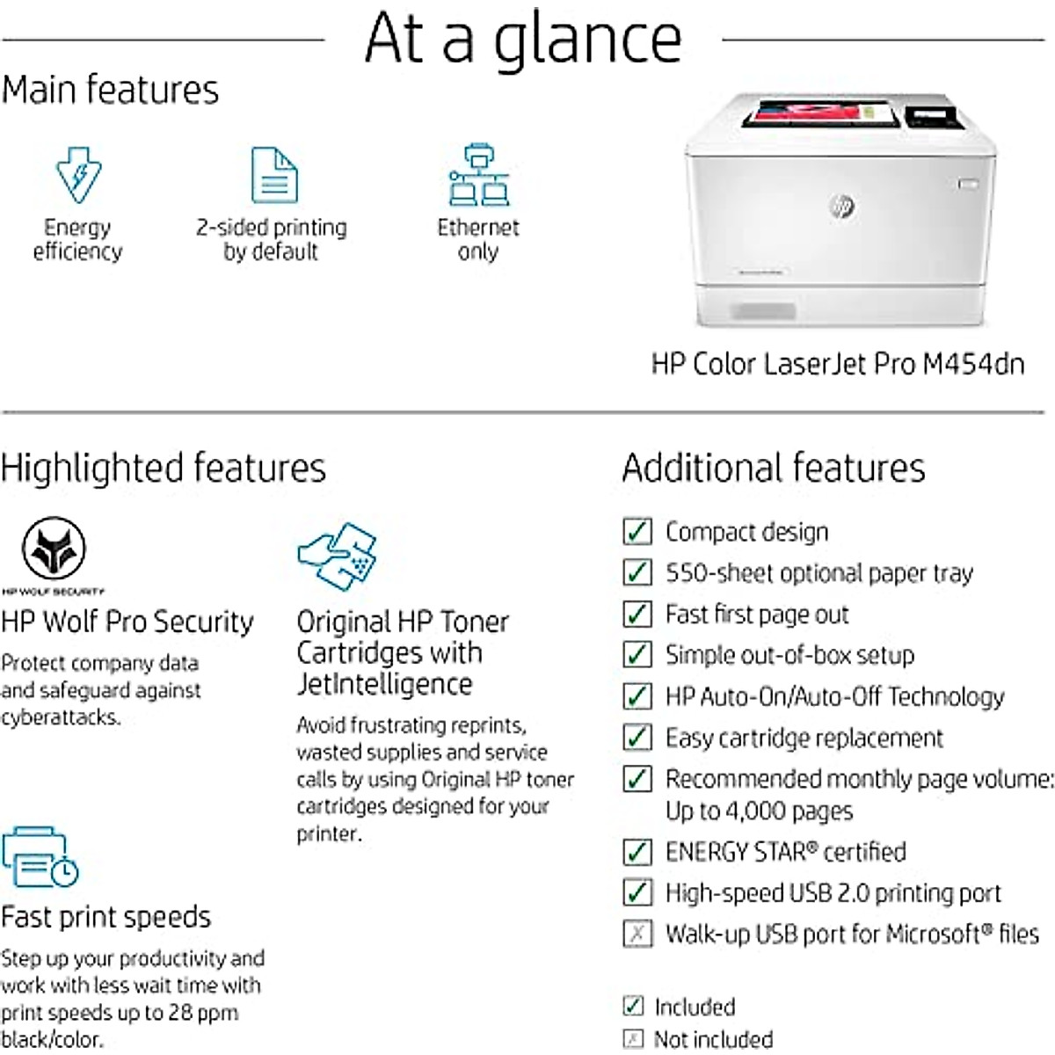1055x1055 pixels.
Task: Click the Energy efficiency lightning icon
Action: pyautogui.click(x=78, y=175)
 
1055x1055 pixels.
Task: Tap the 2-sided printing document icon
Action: pyautogui.click(x=273, y=175)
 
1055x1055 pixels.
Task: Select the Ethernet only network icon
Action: pyautogui.click(x=478, y=175)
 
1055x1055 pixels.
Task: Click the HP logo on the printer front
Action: pyautogui.click(x=841, y=207)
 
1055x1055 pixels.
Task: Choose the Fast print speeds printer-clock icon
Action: pyautogui.click(x=40, y=856)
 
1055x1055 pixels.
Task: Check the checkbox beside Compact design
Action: pyautogui.click(x=637, y=531)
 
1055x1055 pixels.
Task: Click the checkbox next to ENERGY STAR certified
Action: pyautogui.click(x=637, y=851)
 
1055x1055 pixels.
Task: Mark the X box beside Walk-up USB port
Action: pyautogui.click(x=637, y=933)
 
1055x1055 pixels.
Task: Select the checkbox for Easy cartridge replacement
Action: pyautogui.click(x=637, y=737)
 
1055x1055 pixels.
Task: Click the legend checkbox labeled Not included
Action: pyautogui.click(x=633, y=1039)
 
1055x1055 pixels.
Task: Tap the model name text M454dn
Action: pyautogui.click(x=973, y=364)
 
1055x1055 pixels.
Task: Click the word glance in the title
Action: pyautogui.click(x=587, y=40)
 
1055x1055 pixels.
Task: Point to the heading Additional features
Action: pyautogui.click(x=774, y=468)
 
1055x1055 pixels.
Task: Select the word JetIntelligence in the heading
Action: pyautogui.click(x=384, y=684)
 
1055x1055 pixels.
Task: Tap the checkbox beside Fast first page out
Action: pyautogui.click(x=637, y=614)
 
